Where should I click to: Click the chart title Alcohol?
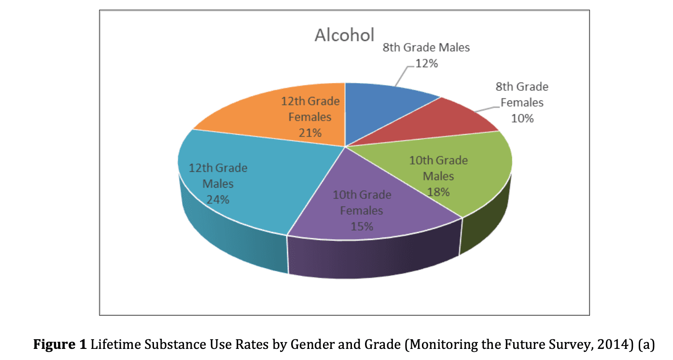click(x=344, y=35)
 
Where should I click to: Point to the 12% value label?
click(x=427, y=63)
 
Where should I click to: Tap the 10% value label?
click(x=522, y=118)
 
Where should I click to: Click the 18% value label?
click(x=438, y=192)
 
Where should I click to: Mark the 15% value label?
click(x=362, y=226)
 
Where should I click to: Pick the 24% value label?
click(x=218, y=199)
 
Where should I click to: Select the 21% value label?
click(x=310, y=133)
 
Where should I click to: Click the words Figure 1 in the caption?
click(x=60, y=345)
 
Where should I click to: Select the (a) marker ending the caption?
click(x=647, y=345)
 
